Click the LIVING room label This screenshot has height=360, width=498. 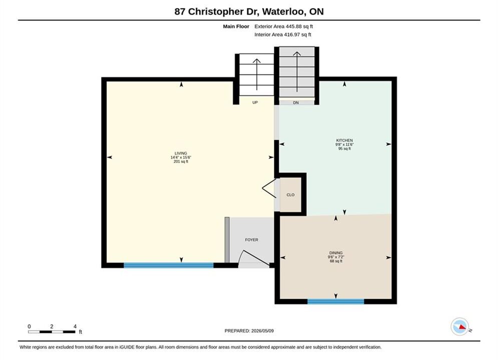point(181,153)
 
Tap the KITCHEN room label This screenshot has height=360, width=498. point(344,140)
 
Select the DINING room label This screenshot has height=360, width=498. point(336,253)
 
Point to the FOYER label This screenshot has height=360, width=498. point(252,240)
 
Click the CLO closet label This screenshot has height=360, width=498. point(290,194)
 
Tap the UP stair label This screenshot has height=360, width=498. point(255,102)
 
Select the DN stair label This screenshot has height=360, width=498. point(296,103)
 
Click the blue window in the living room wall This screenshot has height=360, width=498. point(169,265)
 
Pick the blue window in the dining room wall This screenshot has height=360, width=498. point(336,301)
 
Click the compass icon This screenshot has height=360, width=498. point(459,326)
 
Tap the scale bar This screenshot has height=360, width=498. point(52,332)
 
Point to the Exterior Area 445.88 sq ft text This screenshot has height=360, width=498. point(284,26)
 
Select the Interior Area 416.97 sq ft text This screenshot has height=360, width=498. point(283,34)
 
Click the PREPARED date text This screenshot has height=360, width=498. point(249,331)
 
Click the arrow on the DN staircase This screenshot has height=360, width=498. point(297,71)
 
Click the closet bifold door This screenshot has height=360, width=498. point(269,188)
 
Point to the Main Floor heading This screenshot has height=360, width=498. point(236,26)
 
